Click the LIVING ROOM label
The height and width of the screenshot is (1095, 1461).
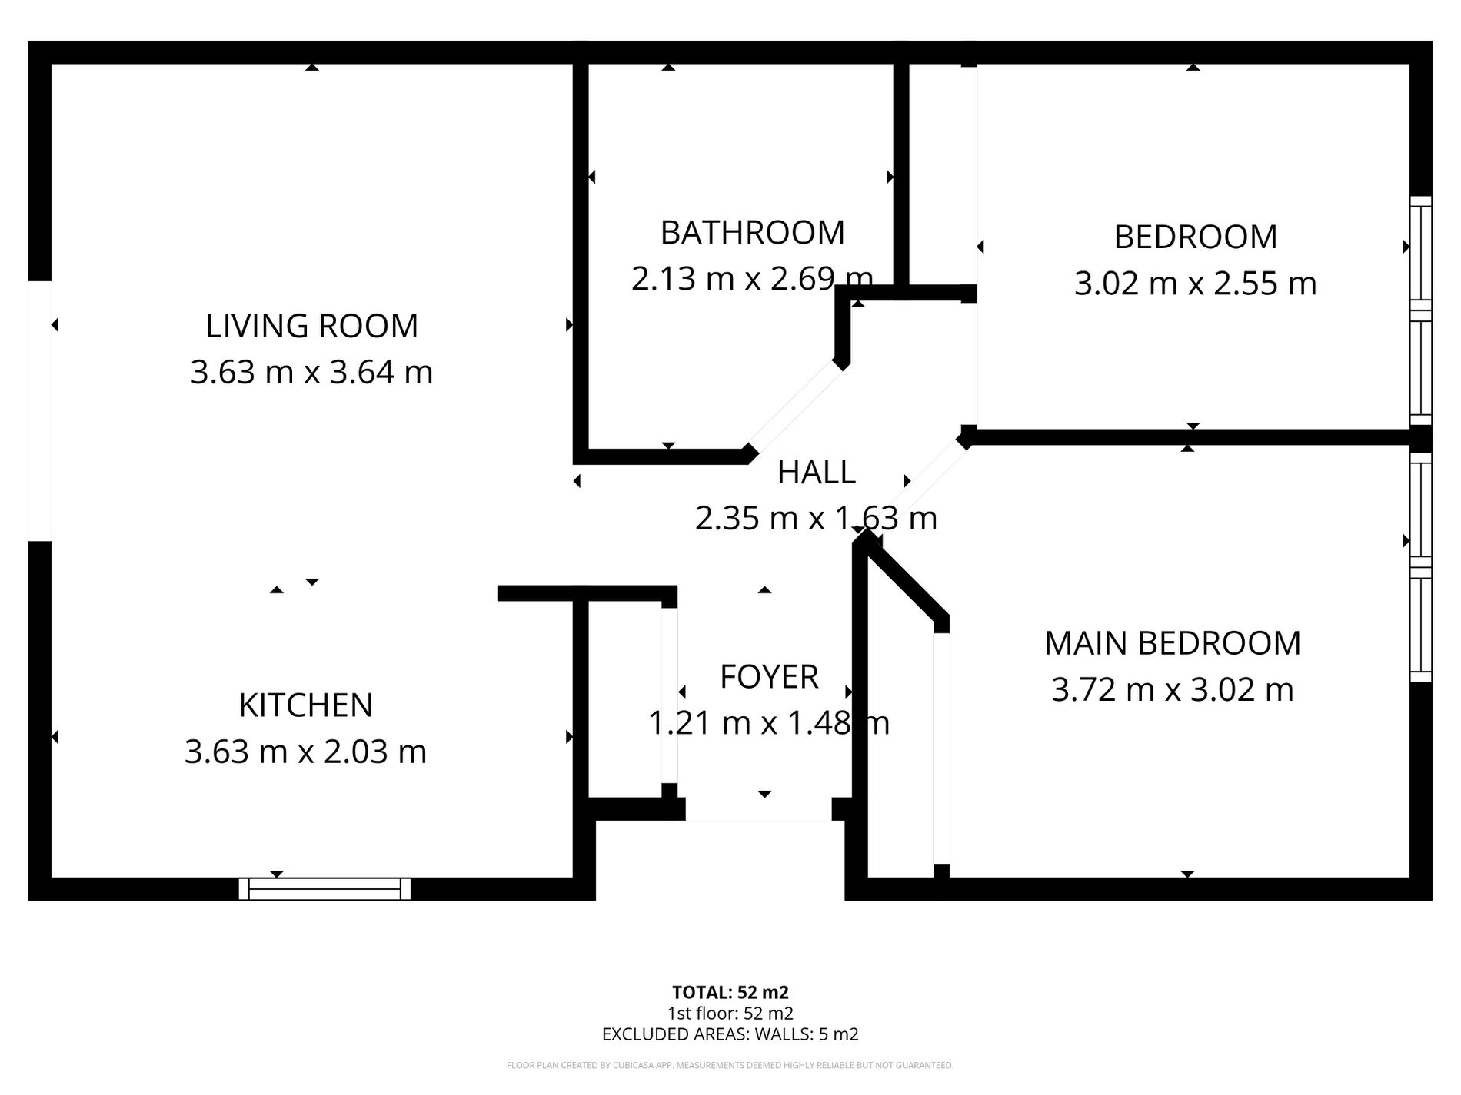(x=311, y=326)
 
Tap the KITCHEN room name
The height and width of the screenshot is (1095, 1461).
(x=306, y=705)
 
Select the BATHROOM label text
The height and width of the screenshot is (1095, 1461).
(x=753, y=232)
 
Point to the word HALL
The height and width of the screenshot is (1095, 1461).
(x=817, y=472)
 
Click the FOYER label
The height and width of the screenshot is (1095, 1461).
(x=769, y=677)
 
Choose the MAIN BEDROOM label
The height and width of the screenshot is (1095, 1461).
(x=1173, y=643)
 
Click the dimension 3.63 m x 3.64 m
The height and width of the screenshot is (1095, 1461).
(x=311, y=373)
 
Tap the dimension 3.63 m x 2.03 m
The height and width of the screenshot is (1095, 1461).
(x=306, y=752)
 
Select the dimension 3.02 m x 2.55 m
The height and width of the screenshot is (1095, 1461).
(x=1196, y=284)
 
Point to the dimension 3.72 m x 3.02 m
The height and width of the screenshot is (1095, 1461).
(x=1173, y=689)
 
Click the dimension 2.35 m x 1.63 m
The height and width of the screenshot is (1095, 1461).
(x=817, y=518)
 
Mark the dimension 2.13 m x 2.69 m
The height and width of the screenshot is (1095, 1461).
(x=753, y=278)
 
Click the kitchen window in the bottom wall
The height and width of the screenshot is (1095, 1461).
(x=324, y=889)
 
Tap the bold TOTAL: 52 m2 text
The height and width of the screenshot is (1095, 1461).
(x=730, y=993)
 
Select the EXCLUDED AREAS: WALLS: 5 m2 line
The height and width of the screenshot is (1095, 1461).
(x=730, y=1034)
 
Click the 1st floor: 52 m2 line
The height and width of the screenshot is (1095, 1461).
(x=730, y=1014)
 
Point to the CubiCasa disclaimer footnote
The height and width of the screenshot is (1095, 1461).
(x=730, y=1065)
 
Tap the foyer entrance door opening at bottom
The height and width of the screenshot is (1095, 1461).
(x=759, y=810)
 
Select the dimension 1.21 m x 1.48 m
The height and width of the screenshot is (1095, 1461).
(x=769, y=723)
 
